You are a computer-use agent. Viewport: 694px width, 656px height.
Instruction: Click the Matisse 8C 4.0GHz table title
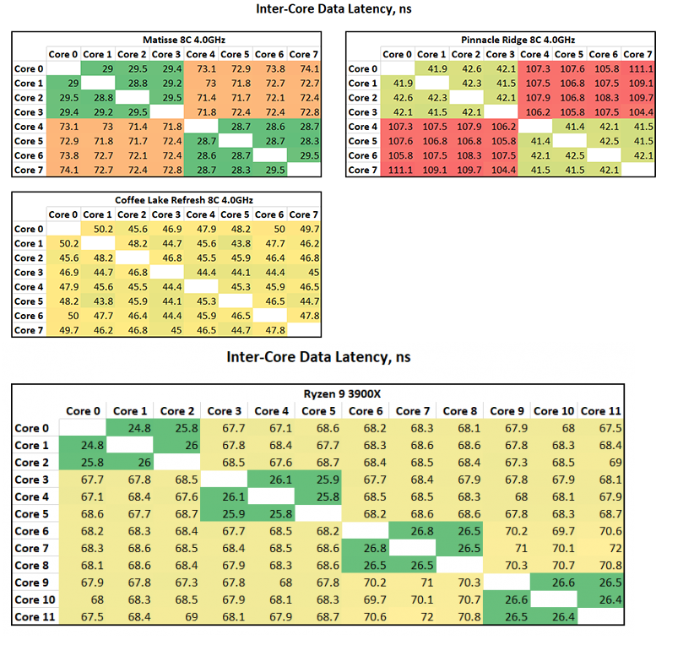coord(183,40)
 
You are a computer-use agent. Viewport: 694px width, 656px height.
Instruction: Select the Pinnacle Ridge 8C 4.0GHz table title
coord(518,40)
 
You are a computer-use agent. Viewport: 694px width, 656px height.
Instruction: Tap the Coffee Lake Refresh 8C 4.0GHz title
coord(183,200)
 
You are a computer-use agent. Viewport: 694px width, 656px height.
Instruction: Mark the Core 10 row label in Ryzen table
coord(33,599)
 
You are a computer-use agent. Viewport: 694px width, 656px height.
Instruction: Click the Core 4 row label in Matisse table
coord(30,127)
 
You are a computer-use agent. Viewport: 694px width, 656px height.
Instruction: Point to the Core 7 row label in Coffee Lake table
coord(30,330)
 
